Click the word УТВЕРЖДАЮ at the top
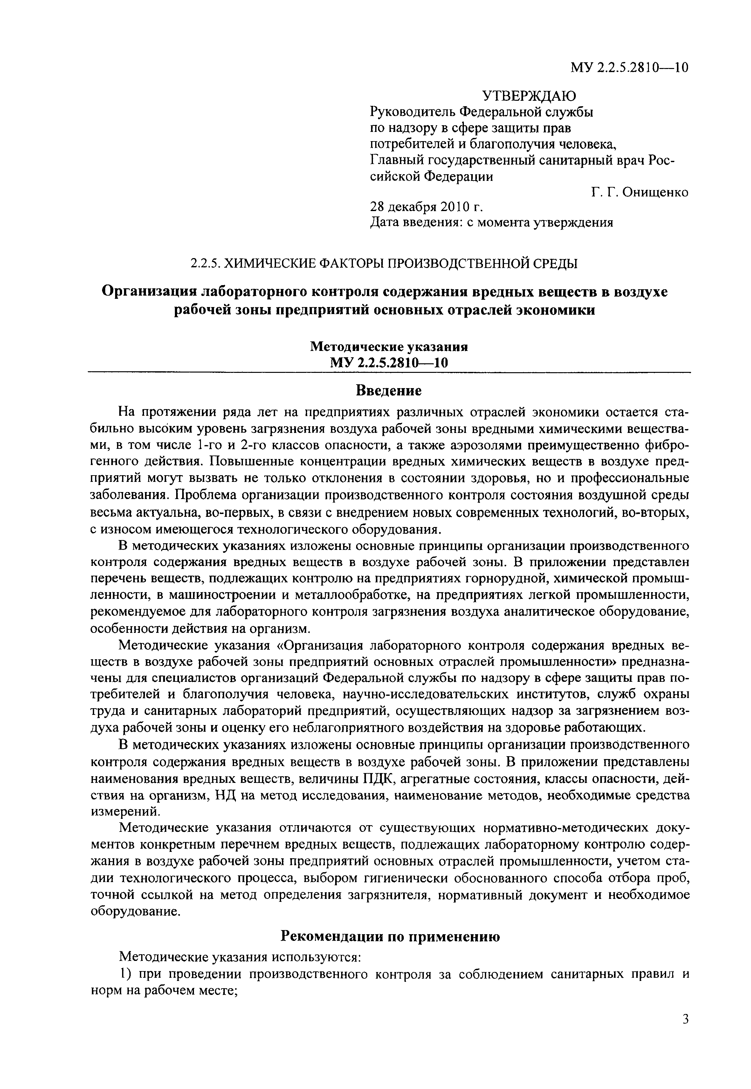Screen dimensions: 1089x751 point(529,96)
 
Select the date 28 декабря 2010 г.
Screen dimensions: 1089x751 point(427,207)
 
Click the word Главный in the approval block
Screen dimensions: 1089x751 point(396,161)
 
